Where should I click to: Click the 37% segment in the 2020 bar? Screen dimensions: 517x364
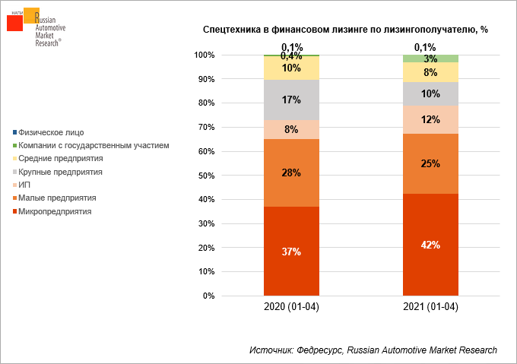(291, 251)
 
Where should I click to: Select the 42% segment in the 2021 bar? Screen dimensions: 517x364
(430, 245)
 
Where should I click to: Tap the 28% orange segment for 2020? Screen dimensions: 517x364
(291, 173)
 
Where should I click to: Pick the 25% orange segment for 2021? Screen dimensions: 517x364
(430, 163)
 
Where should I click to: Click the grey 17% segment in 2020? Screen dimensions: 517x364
(291, 100)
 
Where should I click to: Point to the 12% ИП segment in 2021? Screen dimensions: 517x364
(430, 119)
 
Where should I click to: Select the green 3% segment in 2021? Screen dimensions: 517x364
(430, 59)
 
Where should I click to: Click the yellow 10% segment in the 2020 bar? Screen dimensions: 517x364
(291, 68)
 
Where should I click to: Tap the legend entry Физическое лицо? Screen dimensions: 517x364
(49, 132)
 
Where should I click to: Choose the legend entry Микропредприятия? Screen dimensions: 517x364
(52, 211)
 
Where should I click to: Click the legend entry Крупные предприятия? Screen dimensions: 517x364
(58, 172)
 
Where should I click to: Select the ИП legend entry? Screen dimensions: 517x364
(21, 185)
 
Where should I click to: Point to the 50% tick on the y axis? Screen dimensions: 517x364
(206, 176)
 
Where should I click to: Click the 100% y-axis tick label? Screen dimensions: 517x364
(205, 55)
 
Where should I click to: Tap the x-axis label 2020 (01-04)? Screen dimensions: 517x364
(291, 307)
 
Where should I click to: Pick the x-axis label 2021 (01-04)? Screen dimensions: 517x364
(430, 307)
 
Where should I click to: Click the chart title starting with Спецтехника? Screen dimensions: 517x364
(345, 30)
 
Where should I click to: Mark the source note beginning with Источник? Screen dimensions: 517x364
(373, 350)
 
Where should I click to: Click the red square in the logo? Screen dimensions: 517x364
(15, 24)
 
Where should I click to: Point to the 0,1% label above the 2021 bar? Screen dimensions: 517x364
(425, 47)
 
